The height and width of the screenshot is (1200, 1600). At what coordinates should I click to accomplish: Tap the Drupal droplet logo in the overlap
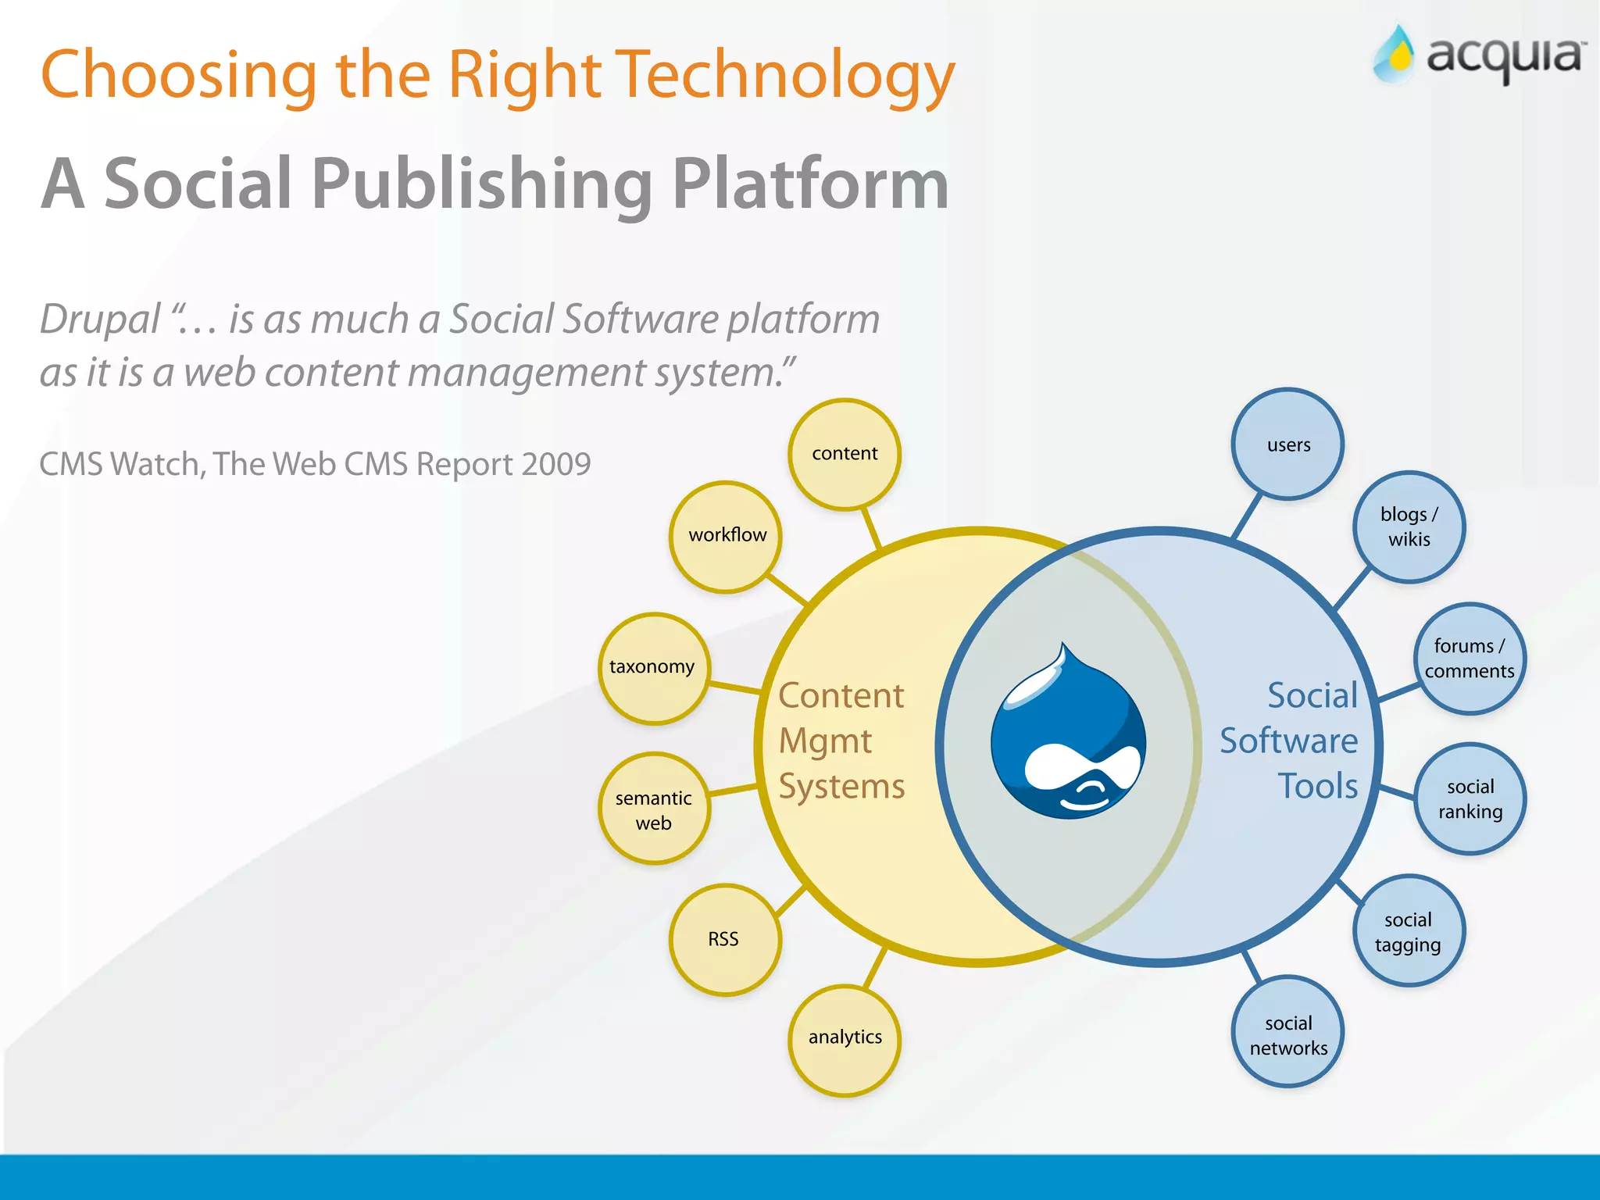pyautogui.click(x=1068, y=734)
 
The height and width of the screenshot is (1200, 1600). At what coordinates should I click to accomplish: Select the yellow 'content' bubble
pyautogui.click(x=845, y=454)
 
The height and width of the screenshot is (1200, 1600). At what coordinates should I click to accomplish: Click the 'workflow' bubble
pyautogui.click(x=726, y=537)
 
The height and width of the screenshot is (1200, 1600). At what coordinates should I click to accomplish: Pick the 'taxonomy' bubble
pyautogui.click(x=654, y=668)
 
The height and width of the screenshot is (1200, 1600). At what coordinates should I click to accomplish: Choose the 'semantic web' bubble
pyautogui.click(x=654, y=809)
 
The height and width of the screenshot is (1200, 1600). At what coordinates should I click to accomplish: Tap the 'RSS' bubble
pyautogui.click(x=725, y=939)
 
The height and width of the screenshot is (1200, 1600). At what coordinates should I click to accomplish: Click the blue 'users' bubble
pyautogui.click(x=1287, y=445)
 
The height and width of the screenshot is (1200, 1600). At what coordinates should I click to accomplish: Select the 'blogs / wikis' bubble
pyautogui.click(x=1409, y=527)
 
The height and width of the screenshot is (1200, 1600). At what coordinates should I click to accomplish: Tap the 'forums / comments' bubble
pyautogui.click(x=1469, y=659)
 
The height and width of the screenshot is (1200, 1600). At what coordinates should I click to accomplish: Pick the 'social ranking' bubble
pyautogui.click(x=1470, y=798)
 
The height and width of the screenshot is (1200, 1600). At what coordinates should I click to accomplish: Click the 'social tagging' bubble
pyautogui.click(x=1408, y=931)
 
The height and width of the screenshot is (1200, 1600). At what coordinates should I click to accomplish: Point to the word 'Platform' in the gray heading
pyautogui.click(x=809, y=184)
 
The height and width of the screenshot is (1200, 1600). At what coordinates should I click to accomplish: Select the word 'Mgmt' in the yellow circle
pyautogui.click(x=825, y=741)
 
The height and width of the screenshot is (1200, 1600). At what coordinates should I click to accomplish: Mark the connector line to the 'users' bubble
pyautogui.click(x=1247, y=516)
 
